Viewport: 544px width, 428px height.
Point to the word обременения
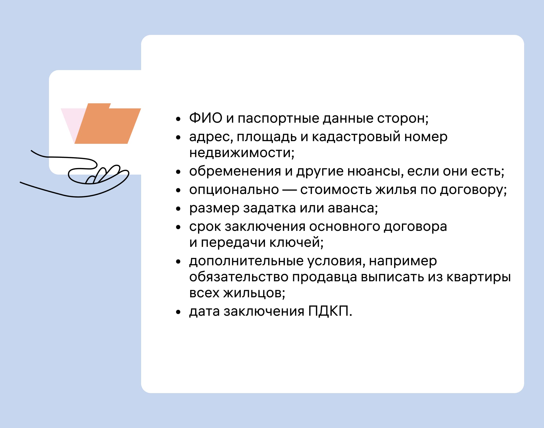pyautogui.click(x=235, y=171)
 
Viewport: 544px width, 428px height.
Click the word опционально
pyautogui.click(x=234, y=190)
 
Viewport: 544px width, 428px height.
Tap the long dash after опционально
pyautogui.click(x=289, y=190)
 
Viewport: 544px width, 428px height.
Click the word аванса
pyautogui.click(x=352, y=208)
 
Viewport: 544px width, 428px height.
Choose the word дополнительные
pyautogui.click(x=247, y=261)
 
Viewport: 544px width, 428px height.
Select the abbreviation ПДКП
pyautogui.click(x=328, y=311)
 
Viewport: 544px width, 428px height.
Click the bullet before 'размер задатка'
pyautogui.click(x=178, y=209)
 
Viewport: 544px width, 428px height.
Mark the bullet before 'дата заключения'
pyautogui.click(x=178, y=312)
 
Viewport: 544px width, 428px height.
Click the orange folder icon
pyautogui.click(x=108, y=124)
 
